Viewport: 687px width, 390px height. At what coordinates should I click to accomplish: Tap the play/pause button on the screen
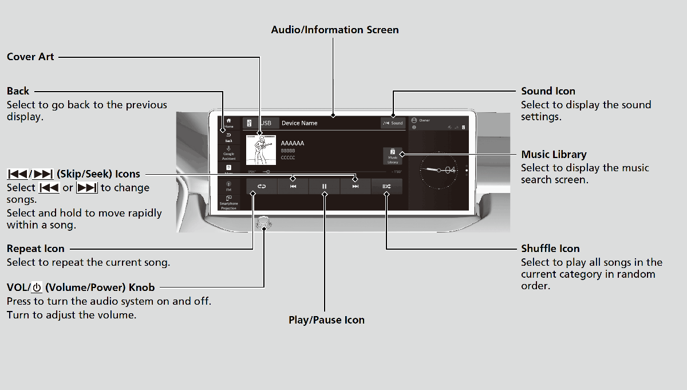[x=324, y=186]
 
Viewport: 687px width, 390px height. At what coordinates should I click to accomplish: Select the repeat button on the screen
[x=262, y=186]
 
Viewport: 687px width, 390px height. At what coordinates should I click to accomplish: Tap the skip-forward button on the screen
[x=356, y=186]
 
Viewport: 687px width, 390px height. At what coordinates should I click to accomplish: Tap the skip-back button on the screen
[x=293, y=186]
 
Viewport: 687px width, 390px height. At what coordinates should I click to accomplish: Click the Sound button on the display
[x=393, y=123]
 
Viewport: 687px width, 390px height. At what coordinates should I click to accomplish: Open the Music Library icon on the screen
[x=393, y=156]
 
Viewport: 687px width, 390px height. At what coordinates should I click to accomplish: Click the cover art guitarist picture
[x=260, y=149]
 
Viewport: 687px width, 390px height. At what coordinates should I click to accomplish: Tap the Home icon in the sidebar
[x=229, y=123]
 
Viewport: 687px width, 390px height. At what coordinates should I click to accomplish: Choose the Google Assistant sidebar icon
[x=229, y=152]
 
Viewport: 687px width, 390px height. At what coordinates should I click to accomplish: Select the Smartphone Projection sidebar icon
[x=229, y=202]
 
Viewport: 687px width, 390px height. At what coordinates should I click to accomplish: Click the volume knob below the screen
[x=264, y=223]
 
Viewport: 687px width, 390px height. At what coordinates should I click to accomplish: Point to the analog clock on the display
[x=439, y=170]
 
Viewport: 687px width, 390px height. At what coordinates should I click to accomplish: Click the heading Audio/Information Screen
[x=335, y=30]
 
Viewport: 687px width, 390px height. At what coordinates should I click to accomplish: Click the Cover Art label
[x=30, y=57]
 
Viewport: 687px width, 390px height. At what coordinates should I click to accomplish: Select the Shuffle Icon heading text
[x=550, y=249]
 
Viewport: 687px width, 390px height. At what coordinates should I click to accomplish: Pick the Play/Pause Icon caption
[x=326, y=320]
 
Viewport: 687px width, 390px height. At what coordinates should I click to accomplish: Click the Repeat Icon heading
[x=35, y=249]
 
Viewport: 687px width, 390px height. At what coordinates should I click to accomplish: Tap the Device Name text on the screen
[x=299, y=123]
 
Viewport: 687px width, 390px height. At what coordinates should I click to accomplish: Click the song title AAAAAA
[x=293, y=143]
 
